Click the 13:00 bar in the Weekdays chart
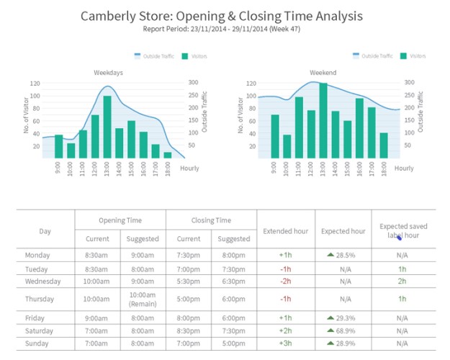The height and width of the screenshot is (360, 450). click(107, 127)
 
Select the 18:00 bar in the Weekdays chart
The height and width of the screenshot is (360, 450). click(168, 155)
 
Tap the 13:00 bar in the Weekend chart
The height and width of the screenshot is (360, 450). click(323, 121)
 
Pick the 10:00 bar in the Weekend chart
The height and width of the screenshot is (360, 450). click(287, 146)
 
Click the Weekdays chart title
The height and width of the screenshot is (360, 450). click(107, 73)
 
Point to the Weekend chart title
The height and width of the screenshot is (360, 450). click(323, 73)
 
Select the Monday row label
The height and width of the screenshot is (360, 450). click(37, 256)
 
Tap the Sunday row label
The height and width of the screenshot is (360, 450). click(37, 343)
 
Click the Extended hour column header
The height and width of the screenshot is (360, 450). click(285, 230)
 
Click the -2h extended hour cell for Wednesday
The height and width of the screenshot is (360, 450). click(285, 282)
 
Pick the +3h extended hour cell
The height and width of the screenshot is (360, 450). click(285, 343)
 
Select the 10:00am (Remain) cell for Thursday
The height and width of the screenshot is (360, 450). click(143, 299)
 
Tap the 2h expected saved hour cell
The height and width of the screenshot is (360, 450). click(402, 282)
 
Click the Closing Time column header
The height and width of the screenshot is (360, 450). click(211, 220)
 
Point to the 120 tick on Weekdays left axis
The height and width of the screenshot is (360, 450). click(35, 83)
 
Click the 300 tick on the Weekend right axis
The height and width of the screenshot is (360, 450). click(409, 83)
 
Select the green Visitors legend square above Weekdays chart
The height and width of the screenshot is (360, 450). click(186, 56)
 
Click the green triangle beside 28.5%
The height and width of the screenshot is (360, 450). click(330, 255)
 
